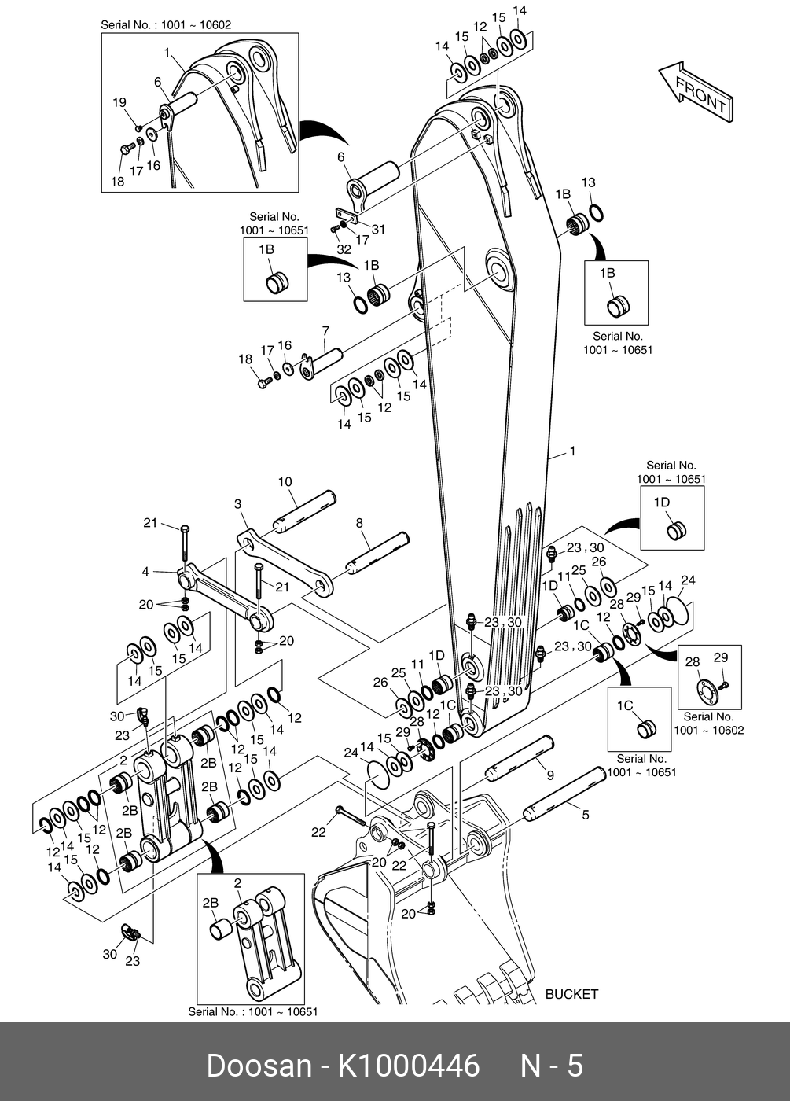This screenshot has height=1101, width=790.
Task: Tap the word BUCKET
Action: tap(571, 994)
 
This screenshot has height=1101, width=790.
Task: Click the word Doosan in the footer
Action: tap(259, 1066)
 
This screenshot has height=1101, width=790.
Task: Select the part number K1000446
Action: tap(408, 1066)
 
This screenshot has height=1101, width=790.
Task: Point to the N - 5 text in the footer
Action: tap(552, 1066)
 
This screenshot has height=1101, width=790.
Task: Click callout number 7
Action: tap(325, 332)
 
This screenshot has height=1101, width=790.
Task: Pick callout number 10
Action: tap(285, 482)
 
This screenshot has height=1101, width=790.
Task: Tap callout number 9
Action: tap(550, 775)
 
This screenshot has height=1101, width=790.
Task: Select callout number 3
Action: tap(238, 504)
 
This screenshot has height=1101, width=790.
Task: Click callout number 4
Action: tap(145, 572)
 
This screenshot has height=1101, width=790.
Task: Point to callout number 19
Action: tap(119, 102)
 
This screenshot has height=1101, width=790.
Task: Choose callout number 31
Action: tap(379, 230)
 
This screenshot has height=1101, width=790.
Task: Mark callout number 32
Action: tap(344, 249)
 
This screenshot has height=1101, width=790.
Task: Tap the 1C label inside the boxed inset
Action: tap(625, 706)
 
